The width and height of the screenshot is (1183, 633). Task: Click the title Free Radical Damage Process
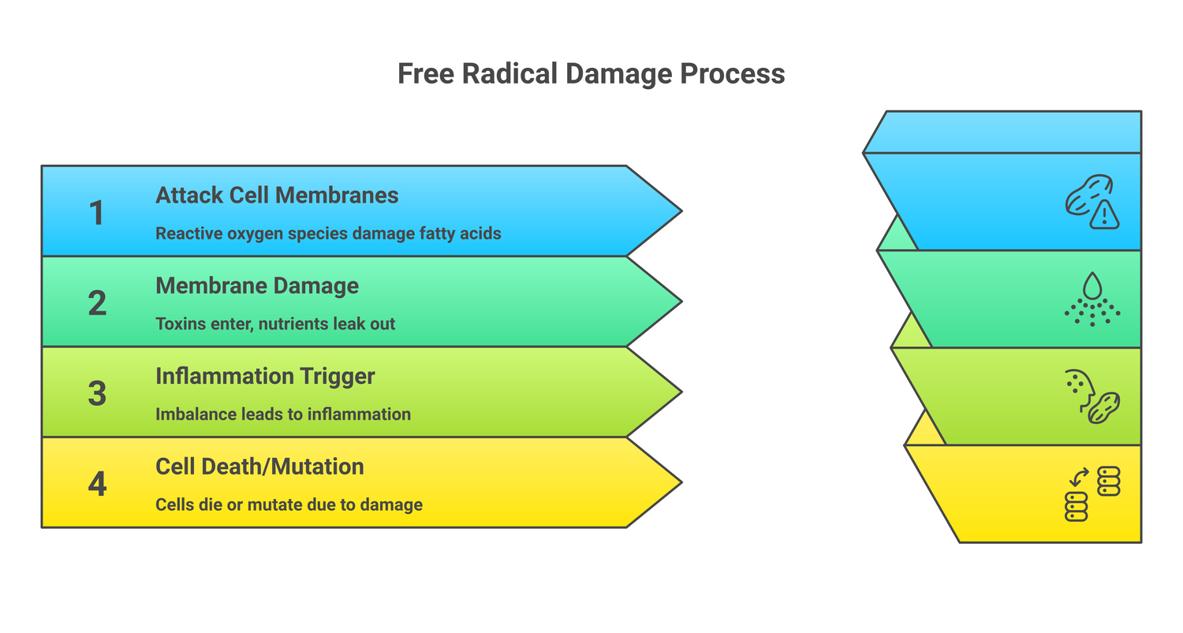coord(591,74)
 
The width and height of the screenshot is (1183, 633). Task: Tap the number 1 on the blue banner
coord(96,213)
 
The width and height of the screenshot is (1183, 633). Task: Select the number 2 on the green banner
coord(96,303)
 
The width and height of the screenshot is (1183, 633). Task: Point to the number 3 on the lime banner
coord(96,393)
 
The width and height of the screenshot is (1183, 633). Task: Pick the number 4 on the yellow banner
coord(96,484)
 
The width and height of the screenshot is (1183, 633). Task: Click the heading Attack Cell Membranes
coord(277,195)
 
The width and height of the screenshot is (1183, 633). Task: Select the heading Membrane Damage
coord(257,285)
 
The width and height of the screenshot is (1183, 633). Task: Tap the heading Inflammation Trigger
coord(265,376)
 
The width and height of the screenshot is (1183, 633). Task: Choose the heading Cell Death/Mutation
coord(259,467)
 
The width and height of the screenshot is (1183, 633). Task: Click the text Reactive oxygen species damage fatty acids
coord(328,233)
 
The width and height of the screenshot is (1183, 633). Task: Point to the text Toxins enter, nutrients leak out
coord(275,324)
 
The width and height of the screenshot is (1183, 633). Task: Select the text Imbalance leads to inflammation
coord(283,414)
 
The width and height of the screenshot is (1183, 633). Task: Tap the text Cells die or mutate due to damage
coord(289,505)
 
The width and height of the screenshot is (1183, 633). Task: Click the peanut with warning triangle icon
coord(1092,202)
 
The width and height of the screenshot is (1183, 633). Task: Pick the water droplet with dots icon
coord(1092,299)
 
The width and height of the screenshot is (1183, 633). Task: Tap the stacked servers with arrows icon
coord(1092,493)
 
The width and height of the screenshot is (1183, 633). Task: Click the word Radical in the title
coord(511,74)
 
